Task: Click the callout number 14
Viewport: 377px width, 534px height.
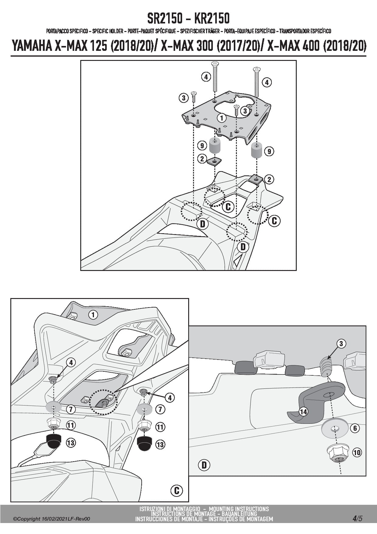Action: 303,412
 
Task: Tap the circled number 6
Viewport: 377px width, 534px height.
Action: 355,428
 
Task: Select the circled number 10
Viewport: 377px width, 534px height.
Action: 357,452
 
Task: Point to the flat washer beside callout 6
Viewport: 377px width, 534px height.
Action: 334,429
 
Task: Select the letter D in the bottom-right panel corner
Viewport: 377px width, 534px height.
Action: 204,465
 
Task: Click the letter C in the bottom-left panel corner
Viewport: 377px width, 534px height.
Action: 177,490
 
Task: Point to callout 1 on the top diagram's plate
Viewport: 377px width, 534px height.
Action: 222,118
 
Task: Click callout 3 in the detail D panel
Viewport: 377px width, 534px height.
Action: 341,344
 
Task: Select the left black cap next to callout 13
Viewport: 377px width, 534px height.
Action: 54,441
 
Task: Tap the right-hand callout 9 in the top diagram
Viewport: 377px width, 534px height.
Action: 269,151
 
